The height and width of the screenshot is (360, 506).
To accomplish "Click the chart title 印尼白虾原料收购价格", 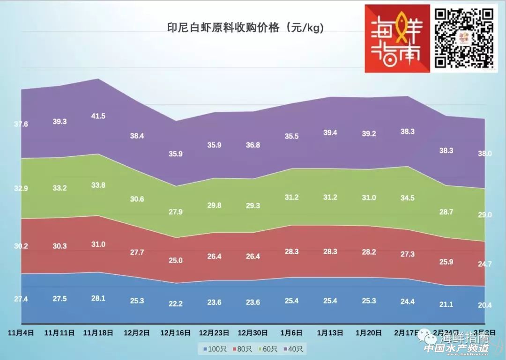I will point(246,28).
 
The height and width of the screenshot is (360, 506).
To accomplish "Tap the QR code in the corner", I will point(464,38).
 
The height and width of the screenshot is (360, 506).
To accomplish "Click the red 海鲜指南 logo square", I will point(397,38).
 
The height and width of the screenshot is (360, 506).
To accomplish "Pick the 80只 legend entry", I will point(243,349).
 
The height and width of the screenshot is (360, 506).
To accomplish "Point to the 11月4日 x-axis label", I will point(21,333).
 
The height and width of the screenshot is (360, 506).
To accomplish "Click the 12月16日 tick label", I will point(175,333).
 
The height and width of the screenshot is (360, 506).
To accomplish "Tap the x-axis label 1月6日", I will point(291,333).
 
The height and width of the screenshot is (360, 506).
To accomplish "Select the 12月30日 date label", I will point(253,333).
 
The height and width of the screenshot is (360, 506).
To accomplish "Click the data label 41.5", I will point(98,116).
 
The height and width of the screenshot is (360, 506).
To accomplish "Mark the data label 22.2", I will point(175,304).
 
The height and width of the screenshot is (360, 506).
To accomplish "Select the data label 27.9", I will point(175,212).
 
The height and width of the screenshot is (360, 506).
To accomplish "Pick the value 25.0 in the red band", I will point(175,260).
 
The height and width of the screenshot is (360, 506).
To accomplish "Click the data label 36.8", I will point(253,146).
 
